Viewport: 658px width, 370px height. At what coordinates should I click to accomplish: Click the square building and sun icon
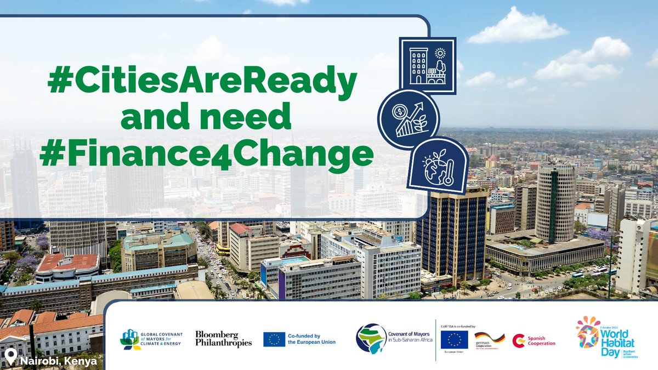coord(428,66)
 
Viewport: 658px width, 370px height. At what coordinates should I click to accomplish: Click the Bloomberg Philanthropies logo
coord(223,339)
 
